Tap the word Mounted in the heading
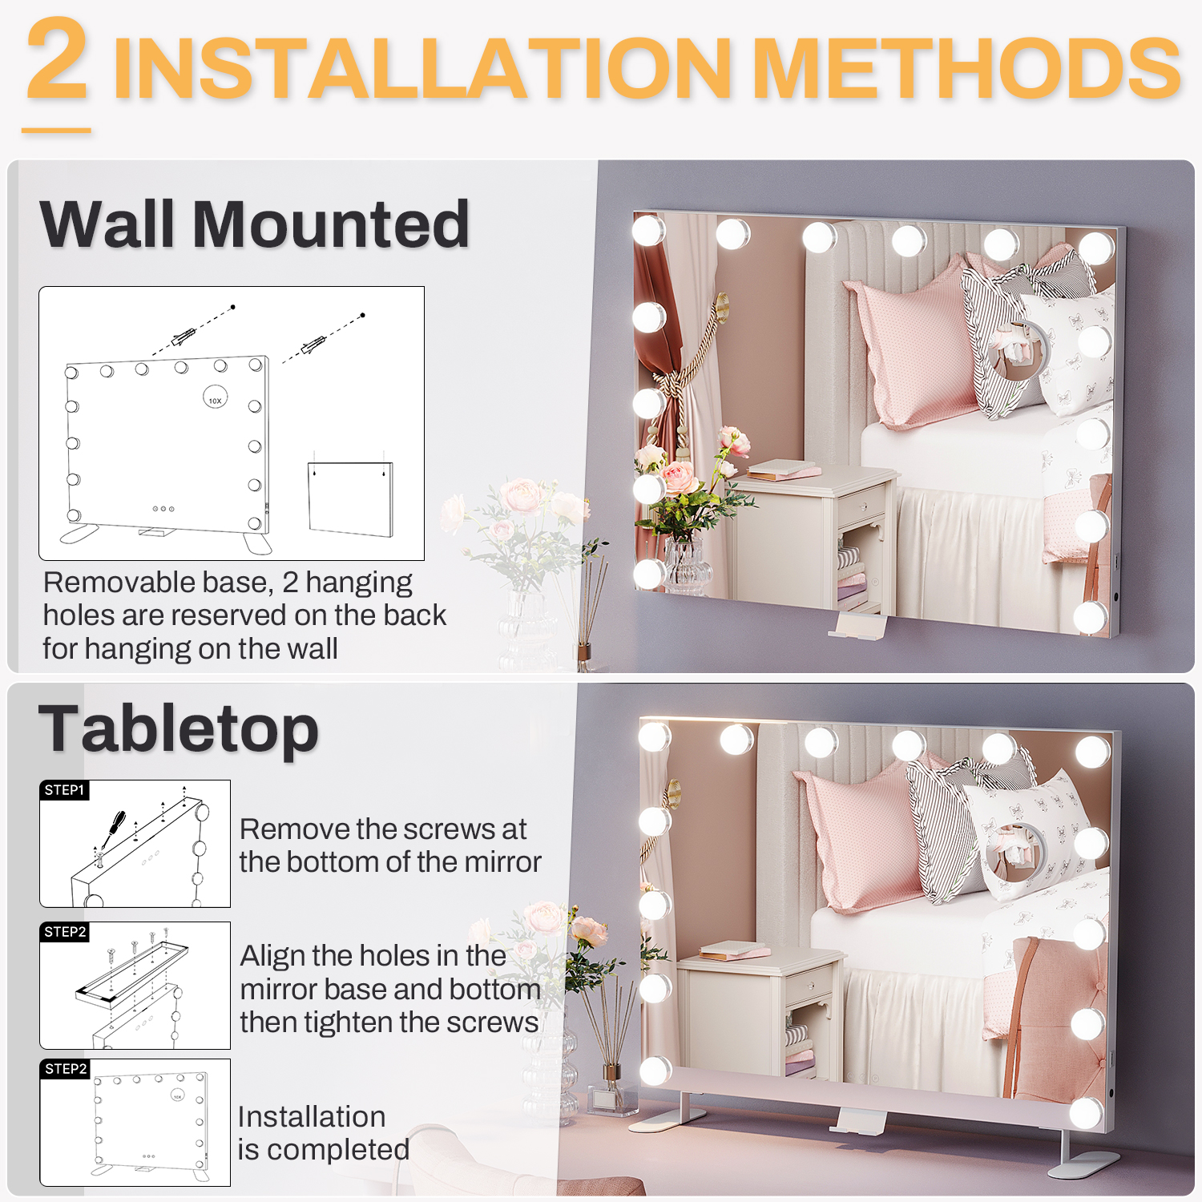click(x=331, y=224)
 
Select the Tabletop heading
click(x=179, y=730)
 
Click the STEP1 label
click(x=64, y=790)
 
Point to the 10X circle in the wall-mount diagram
click(x=215, y=398)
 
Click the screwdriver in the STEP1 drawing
click(x=112, y=829)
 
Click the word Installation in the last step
click(x=312, y=1116)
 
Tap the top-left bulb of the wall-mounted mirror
click(x=648, y=231)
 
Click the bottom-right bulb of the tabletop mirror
click(x=1086, y=1113)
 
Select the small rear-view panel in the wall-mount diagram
click(x=351, y=498)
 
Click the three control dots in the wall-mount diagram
click(x=163, y=509)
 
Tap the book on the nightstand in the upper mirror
click(x=781, y=470)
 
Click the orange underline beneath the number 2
click(x=56, y=130)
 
